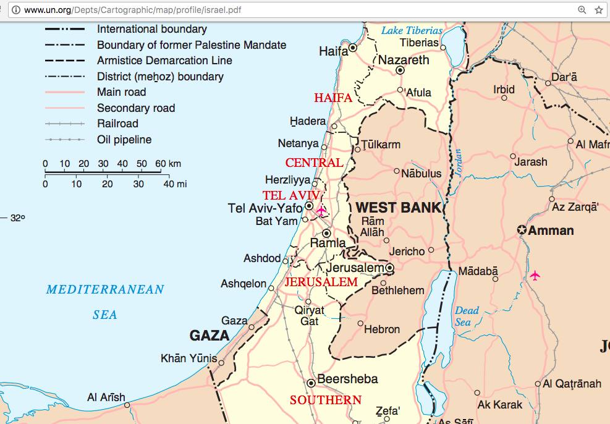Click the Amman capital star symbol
tap(522, 231)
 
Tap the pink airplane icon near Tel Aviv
tap(321, 211)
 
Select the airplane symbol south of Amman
tap(535, 274)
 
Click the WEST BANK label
tap(399, 208)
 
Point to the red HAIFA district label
tap(333, 98)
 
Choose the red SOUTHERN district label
tap(326, 400)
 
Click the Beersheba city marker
tap(311, 383)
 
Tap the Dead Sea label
tap(467, 316)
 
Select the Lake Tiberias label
tap(412, 30)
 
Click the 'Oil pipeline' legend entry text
tap(124, 140)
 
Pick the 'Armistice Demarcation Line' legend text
tap(164, 61)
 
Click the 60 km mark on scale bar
tap(160, 164)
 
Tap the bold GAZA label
tap(210, 336)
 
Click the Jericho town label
tap(407, 251)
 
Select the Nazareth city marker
tap(400, 70)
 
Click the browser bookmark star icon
tap(598, 10)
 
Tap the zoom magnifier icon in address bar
tap(582, 10)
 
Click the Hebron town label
tap(382, 329)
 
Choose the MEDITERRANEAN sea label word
tap(105, 289)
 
